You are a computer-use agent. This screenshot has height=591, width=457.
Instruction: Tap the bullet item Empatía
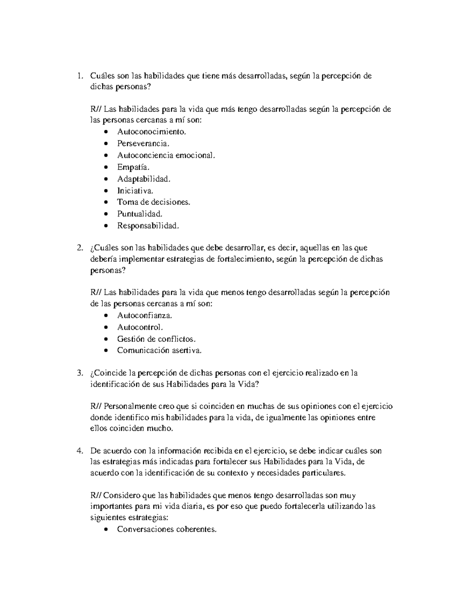133,167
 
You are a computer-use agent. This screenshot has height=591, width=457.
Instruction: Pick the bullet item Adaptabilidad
144,179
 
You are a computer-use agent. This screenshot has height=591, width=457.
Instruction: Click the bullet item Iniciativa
135,191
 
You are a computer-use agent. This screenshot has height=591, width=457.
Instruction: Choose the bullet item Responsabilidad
148,226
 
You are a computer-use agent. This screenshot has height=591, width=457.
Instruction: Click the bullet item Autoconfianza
145,315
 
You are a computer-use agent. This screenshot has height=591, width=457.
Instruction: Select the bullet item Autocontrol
140,327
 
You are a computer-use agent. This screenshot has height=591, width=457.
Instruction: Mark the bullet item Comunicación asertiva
159,350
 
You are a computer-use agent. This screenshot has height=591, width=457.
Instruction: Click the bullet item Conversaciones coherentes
167,529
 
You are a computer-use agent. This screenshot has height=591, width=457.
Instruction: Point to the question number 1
79,76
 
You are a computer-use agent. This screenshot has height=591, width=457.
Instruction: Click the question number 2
79,248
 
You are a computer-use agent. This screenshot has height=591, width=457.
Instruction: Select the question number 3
79,373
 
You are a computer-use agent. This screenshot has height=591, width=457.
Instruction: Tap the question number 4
79,451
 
